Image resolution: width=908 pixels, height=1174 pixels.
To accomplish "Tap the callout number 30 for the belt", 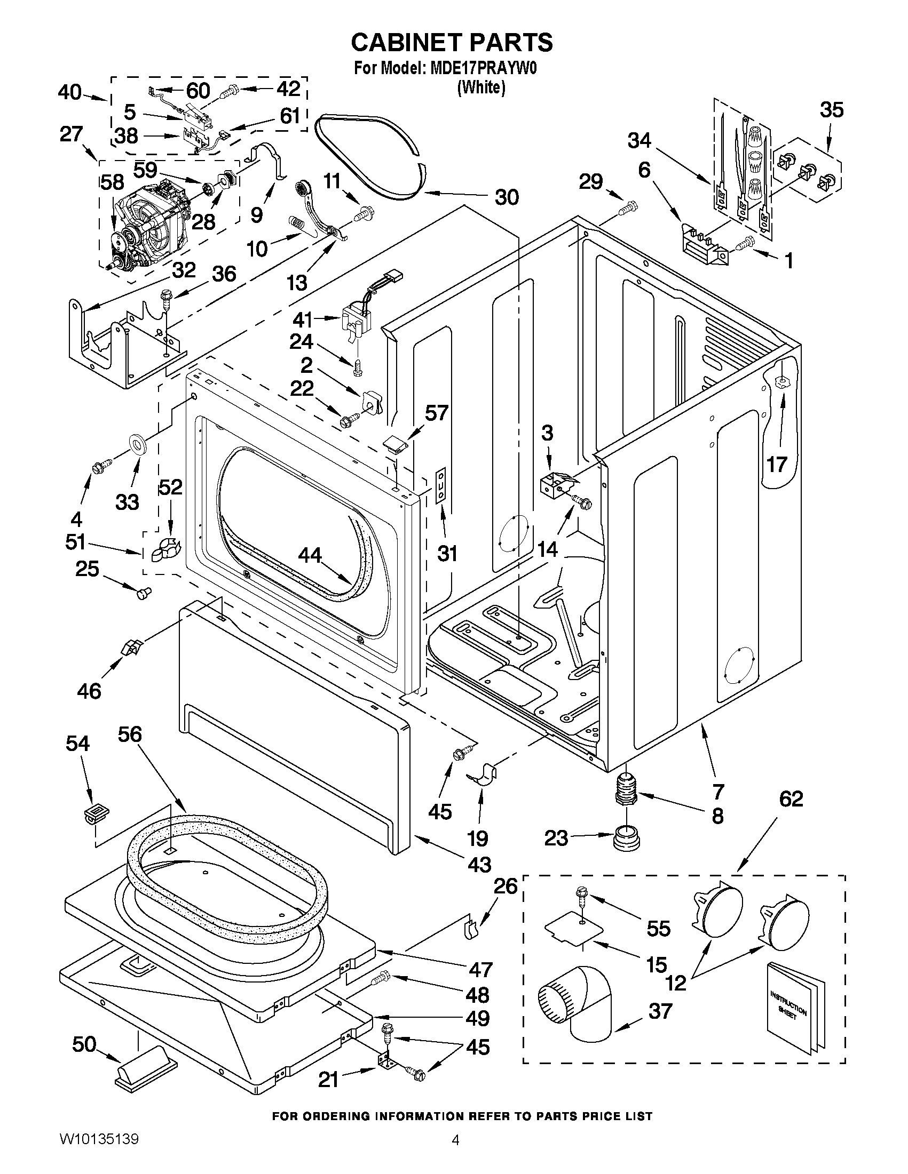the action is coord(506,197).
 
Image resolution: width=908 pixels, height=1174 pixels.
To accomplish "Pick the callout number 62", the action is coord(791,799).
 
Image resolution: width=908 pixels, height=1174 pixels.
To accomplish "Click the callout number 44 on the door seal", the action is coord(310,555).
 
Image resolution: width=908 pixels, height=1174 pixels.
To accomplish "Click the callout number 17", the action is coord(777,464).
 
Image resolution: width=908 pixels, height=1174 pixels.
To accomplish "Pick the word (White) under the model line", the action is coord(481,87).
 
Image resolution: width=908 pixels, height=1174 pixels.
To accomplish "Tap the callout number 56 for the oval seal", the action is coord(129,734).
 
